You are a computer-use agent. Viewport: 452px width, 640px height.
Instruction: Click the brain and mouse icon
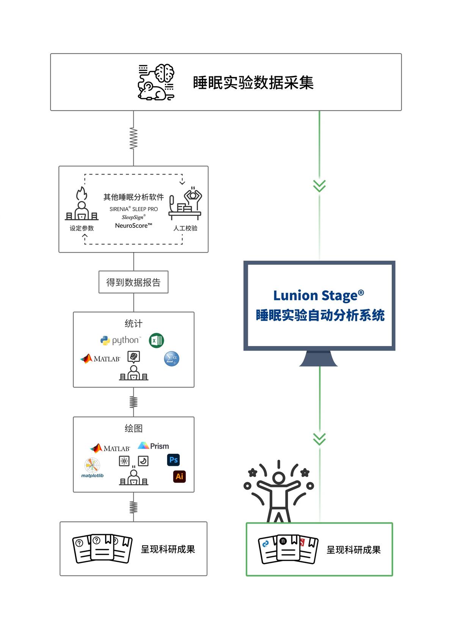(x=156, y=82)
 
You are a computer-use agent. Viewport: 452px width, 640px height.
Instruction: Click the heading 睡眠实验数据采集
(x=253, y=83)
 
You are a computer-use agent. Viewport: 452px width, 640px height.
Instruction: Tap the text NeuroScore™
(x=133, y=226)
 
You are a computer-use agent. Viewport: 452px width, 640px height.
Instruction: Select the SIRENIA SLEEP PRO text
(x=133, y=209)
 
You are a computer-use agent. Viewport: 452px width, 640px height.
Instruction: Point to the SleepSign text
(x=133, y=217)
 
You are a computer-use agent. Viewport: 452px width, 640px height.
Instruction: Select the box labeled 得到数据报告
(x=133, y=282)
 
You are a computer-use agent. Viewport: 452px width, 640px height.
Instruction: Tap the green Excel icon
(x=156, y=340)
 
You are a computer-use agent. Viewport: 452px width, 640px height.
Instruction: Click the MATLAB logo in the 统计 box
(x=100, y=359)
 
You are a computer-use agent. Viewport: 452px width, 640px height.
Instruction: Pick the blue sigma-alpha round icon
(x=171, y=359)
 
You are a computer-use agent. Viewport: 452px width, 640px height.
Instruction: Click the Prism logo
(x=154, y=446)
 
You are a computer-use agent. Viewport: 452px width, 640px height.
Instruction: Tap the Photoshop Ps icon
(x=173, y=460)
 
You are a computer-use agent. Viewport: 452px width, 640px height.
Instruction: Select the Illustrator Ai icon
(x=179, y=476)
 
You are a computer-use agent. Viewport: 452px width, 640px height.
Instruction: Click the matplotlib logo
(x=92, y=468)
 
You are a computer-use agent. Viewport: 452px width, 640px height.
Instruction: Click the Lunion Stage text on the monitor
(x=319, y=296)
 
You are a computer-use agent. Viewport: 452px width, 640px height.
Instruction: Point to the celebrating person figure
(x=279, y=491)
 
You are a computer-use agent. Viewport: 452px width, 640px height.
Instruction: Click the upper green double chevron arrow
(x=319, y=186)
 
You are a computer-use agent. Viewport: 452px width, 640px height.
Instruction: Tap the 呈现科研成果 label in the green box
(x=353, y=550)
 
